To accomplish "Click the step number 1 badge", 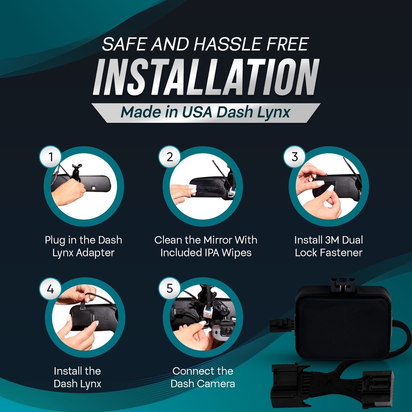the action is (50, 157).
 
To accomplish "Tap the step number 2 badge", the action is (170, 157).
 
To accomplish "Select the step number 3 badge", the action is (295, 157).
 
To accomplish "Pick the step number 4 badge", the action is (50, 289).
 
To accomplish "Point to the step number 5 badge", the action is (170, 289).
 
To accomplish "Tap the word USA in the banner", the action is (197, 112).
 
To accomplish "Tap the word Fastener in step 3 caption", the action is (341, 253).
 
